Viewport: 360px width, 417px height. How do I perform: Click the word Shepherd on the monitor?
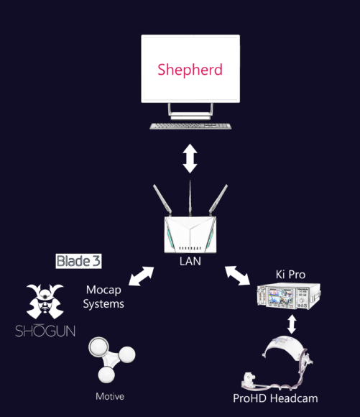(x=190, y=70)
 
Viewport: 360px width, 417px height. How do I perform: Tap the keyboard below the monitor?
(x=190, y=126)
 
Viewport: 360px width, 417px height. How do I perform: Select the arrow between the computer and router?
(x=190, y=158)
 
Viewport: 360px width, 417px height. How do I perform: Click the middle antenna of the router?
(x=190, y=198)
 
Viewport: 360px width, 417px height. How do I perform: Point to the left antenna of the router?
(x=162, y=199)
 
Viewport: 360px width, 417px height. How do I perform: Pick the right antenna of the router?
(x=218, y=199)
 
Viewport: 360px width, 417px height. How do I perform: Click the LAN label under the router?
(x=190, y=261)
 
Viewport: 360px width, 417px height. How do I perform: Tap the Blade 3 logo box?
(x=78, y=261)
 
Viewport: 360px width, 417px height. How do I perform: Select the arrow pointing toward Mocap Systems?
(x=141, y=276)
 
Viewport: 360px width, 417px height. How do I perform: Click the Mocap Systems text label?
(x=103, y=297)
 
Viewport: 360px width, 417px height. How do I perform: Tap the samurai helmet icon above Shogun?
(x=45, y=301)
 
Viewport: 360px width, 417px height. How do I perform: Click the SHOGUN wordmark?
(x=45, y=331)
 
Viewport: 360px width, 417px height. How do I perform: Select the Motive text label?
(x=110, y=397)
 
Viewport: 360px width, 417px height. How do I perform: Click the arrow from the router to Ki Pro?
(x=237, y=275)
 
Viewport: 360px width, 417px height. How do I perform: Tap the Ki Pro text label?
(x=290, y=275)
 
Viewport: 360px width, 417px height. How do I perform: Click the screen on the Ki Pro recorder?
(x=281, y=295)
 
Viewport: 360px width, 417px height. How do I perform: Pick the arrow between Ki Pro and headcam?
(x=292, y=324)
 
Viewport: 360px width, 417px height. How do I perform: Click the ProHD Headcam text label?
(x=275, y=398)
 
